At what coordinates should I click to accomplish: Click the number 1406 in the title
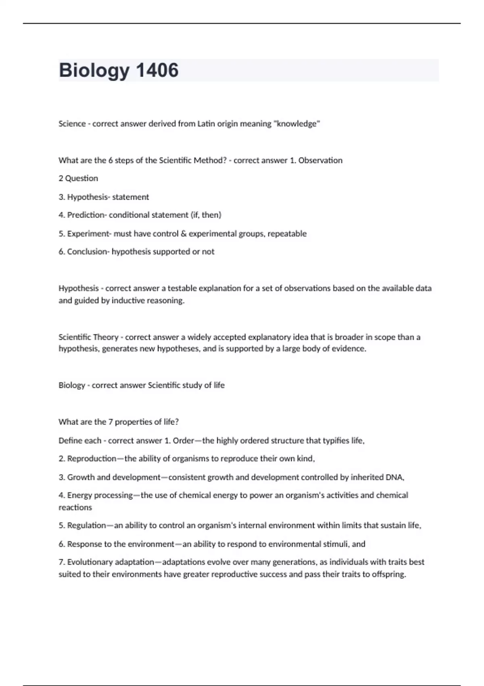[x=157, y=70]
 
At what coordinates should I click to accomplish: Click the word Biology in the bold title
[x=94, y=70]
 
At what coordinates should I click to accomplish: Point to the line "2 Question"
[x=78, y=178]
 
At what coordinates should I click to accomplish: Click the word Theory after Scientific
[x=106, y=337]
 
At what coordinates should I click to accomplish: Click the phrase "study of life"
[x=203, y=385]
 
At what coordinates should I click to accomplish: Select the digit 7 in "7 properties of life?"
[x=110, y=422]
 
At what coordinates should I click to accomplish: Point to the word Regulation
[x=86, y=525]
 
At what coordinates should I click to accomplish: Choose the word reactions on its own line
[x=75, y=508]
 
